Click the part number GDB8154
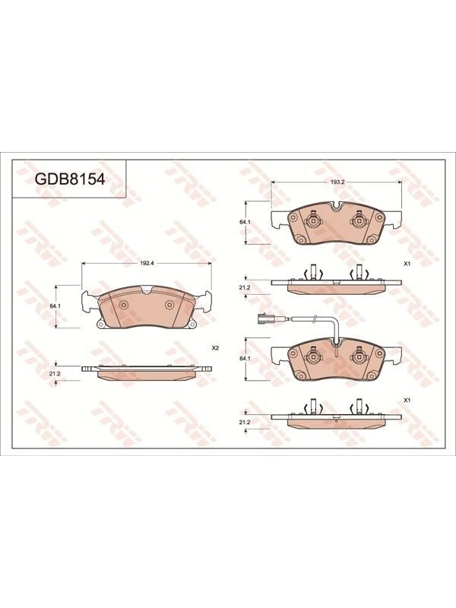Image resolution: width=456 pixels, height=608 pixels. (70, 179)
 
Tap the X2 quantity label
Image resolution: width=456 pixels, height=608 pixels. (216, 348)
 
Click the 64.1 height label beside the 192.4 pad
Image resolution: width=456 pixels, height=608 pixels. (55, 306)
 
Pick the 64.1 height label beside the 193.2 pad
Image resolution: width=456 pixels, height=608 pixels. (244, 222)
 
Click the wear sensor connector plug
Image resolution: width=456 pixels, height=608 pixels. (264, 318)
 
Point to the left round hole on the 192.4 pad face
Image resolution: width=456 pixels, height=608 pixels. (124, 306)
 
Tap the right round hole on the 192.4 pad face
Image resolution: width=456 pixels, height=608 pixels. (169, 306)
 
